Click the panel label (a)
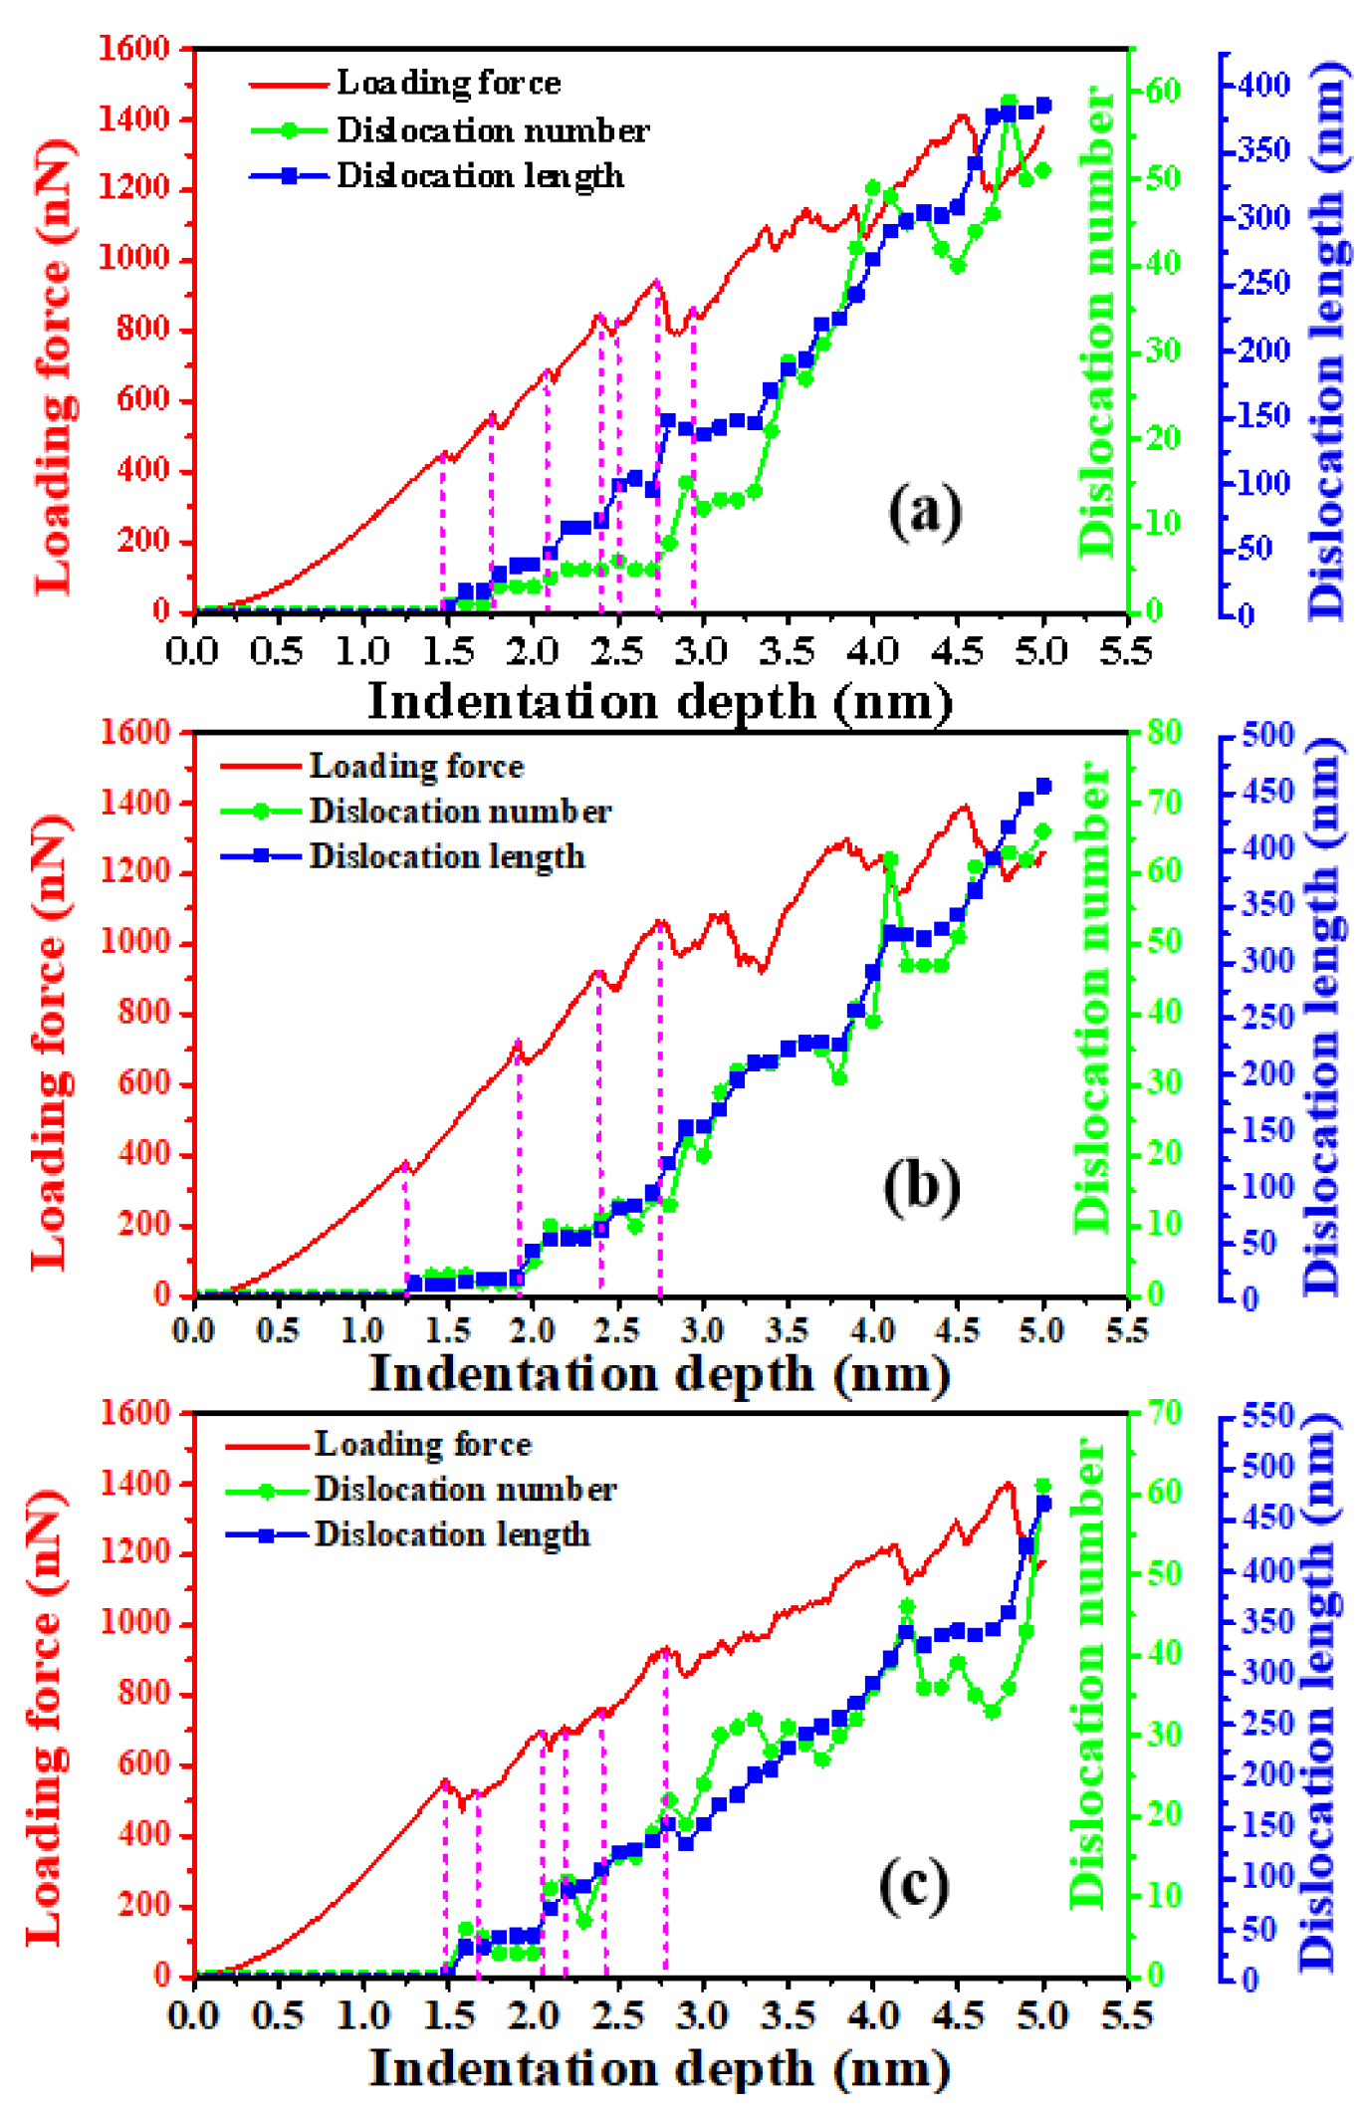coord(925,511)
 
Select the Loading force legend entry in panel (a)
coord(448,84)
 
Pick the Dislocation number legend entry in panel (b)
coord(460,812)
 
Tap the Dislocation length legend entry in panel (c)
coord(452,1534)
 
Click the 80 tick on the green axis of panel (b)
coord(1162,732)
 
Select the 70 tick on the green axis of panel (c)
coord(1161,1412)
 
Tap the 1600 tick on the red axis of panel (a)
coord(134,48)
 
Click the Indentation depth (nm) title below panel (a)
coord(660,701)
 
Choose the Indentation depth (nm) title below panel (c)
coord(660,2069)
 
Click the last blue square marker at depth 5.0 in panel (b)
coord(1043,787)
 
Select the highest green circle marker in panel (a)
coord(1009,103)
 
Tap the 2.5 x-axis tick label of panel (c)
coord(616,2015)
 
